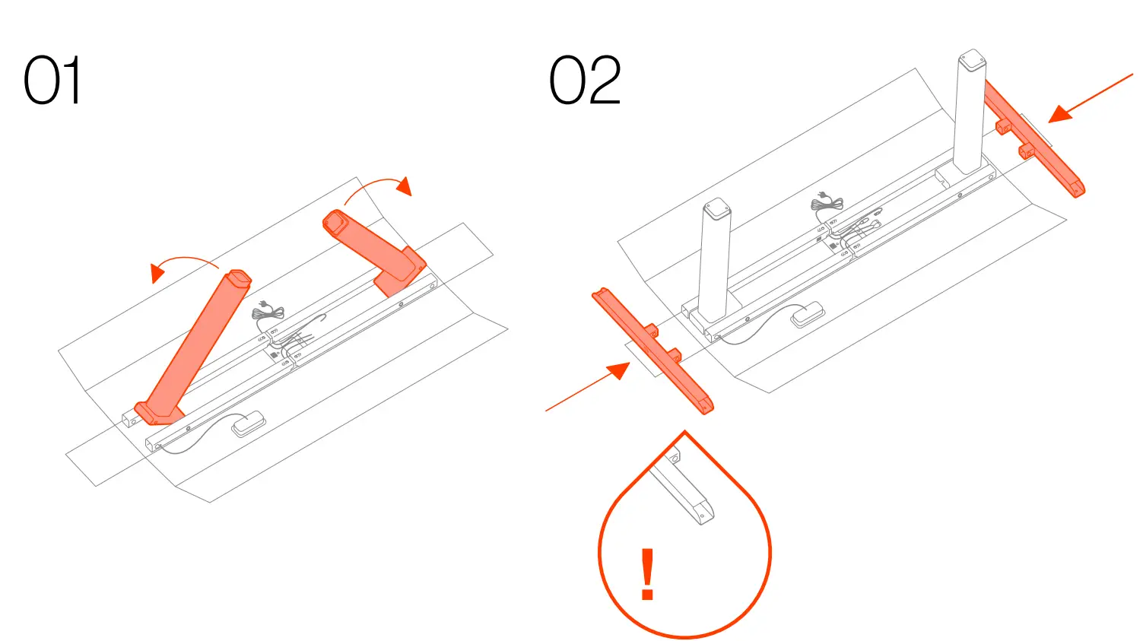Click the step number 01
[52, 81]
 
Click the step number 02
[585, 81]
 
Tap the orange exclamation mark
[647, 574]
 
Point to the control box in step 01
[248, 424]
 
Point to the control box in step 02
[808, 314]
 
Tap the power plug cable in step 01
[268, 311]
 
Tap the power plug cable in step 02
[827, 202]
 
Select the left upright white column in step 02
[715, 262]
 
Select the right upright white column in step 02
[970, 114]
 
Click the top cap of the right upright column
[972, 59]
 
